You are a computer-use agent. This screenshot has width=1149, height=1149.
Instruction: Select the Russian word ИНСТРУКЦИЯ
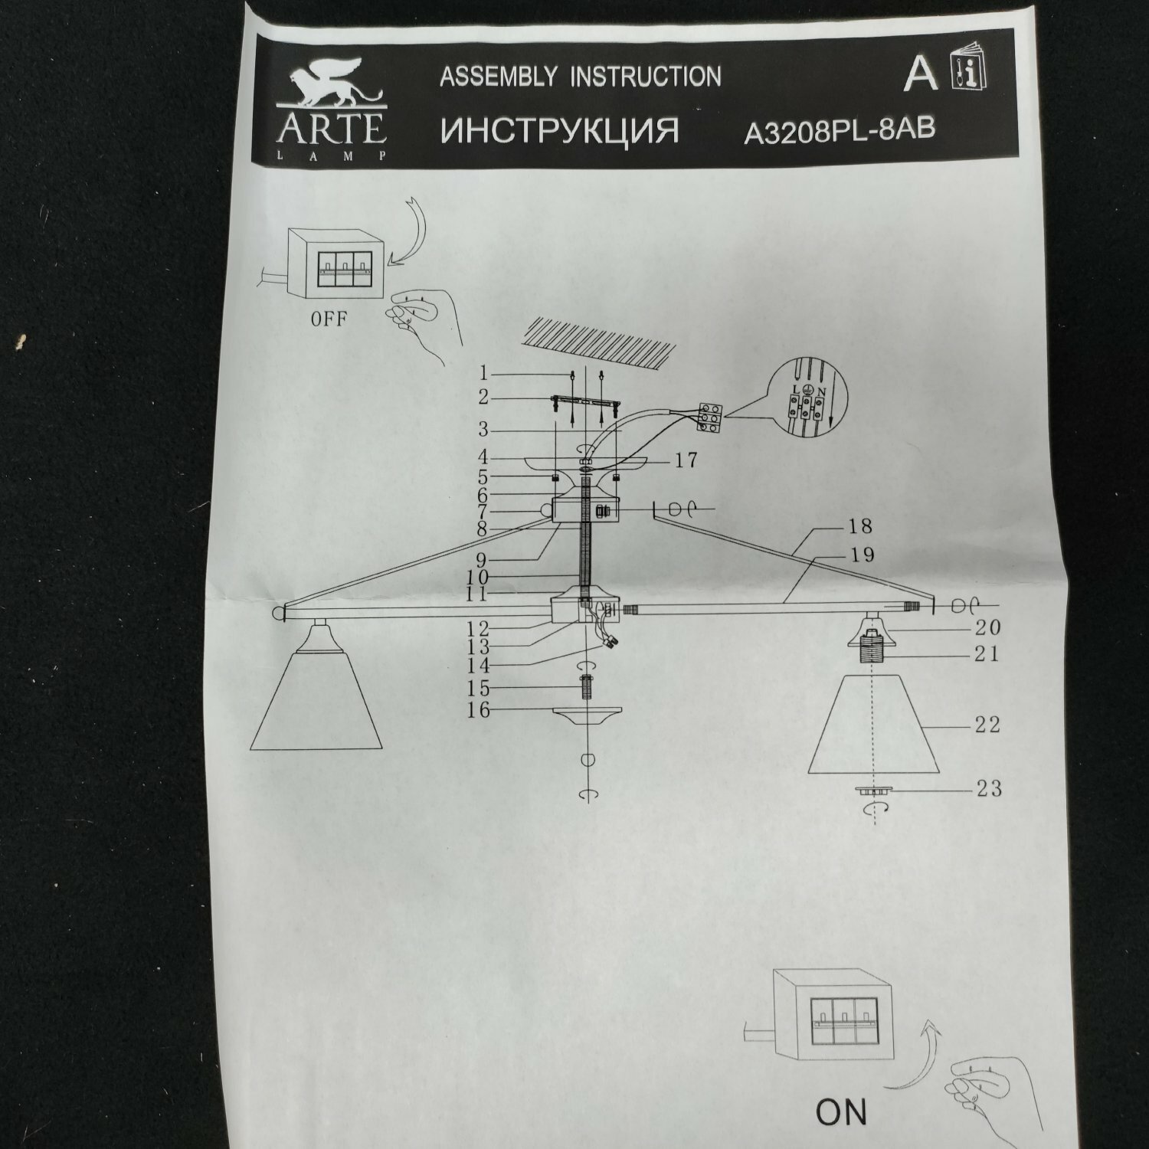click(560, 131)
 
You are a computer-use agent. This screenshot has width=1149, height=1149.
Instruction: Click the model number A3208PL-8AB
click(840, 132)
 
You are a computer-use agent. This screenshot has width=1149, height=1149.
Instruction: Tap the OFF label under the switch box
click(329, 319)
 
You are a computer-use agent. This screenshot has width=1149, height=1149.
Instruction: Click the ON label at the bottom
click(841, 1112)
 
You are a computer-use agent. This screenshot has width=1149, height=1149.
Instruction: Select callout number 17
click(686, 460)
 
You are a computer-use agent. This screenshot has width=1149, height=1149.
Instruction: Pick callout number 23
click(988, 788)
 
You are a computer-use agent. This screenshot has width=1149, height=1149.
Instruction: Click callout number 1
click(483, 374)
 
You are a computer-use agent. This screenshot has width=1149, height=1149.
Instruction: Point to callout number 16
click(478, 711)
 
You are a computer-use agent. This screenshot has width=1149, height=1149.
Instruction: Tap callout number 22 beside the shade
click(987, 724)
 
